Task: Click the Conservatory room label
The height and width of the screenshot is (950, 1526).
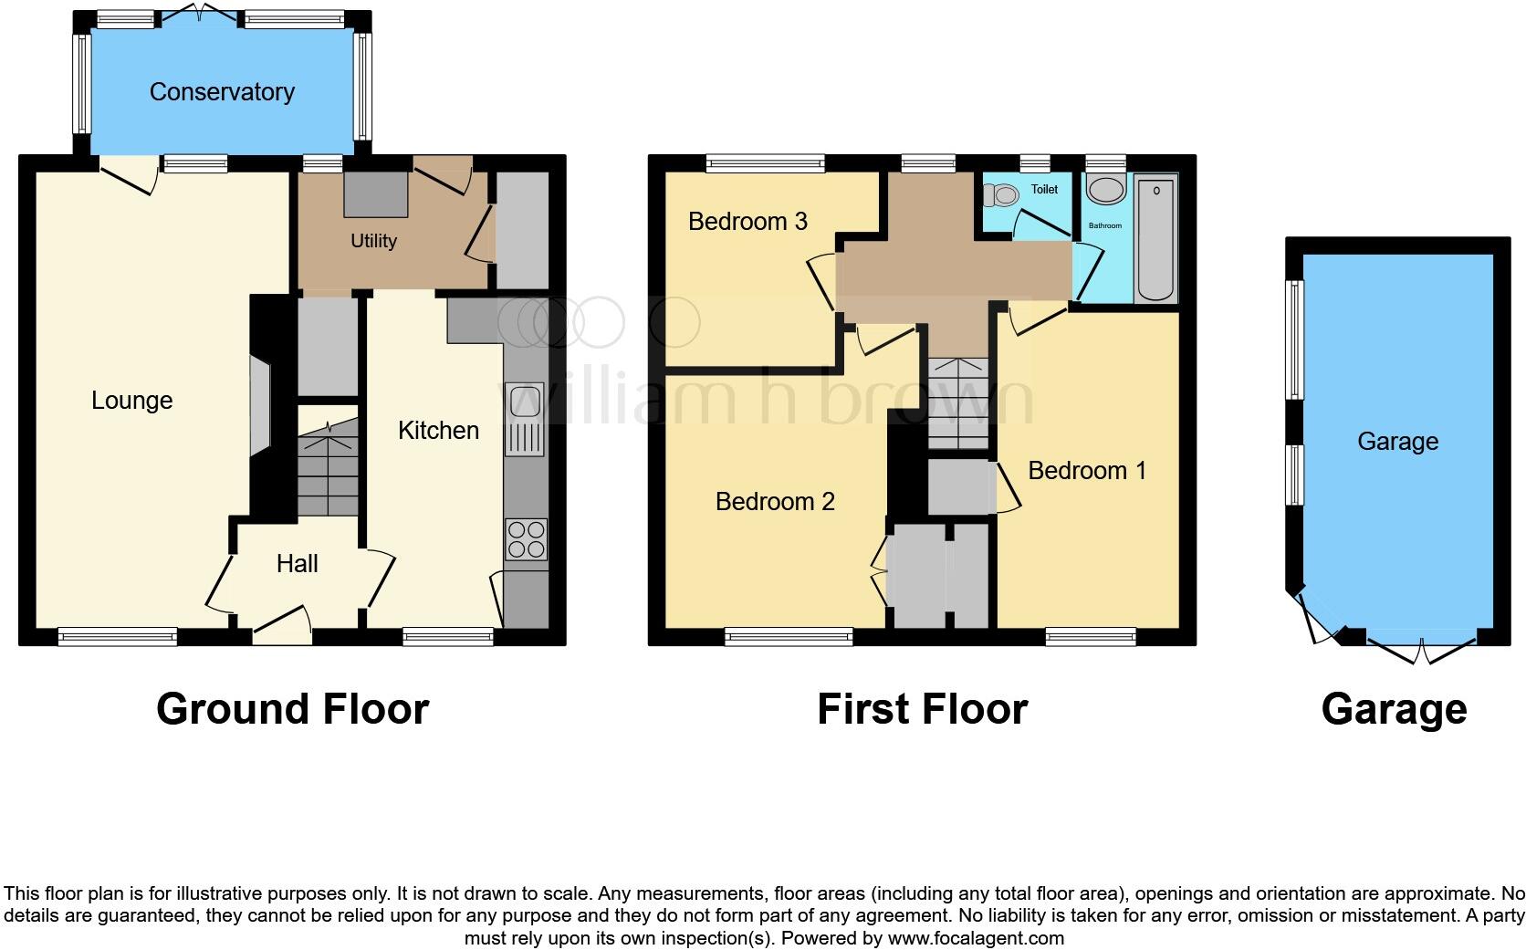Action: (222, 92)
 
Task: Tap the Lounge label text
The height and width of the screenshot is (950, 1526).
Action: (132, 401)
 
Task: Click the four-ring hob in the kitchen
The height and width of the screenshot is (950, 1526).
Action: (526, 538)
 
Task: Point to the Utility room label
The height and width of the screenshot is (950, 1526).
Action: (373, 241)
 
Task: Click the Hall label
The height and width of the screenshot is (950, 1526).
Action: (298, 564)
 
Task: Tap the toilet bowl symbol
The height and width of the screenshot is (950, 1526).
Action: (1005, 194)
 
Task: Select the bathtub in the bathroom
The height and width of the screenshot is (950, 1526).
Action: (1156, 240)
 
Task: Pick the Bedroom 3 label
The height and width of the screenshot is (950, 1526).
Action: (747, 222)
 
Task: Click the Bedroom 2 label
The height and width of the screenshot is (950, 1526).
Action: (775, 501)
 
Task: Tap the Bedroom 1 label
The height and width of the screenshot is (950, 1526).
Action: (1086, 471)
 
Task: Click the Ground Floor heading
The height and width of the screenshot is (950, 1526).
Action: (292, 709)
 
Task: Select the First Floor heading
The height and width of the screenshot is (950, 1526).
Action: (922, 709)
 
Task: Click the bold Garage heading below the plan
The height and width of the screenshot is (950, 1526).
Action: (1394, 709)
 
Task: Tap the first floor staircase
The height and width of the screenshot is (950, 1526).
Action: (958, 402)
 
